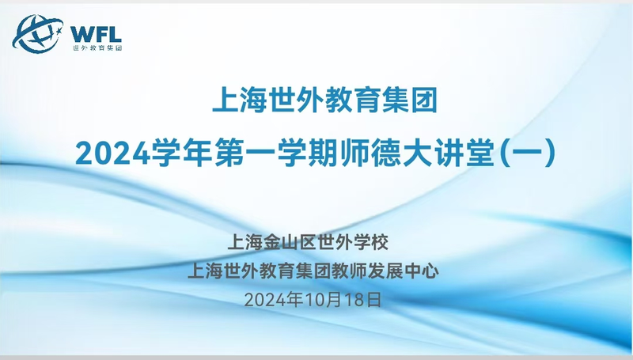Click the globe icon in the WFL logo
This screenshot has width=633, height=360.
click(37, 33)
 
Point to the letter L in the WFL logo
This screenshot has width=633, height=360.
click(116, 34)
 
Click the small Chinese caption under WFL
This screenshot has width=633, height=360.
click(97, 47)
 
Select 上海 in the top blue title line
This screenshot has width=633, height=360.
click(240, 100)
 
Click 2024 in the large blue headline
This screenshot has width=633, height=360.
click(112, 153)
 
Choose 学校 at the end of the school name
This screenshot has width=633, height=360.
click(371, 242)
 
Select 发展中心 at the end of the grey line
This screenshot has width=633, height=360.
click(403, 271)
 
